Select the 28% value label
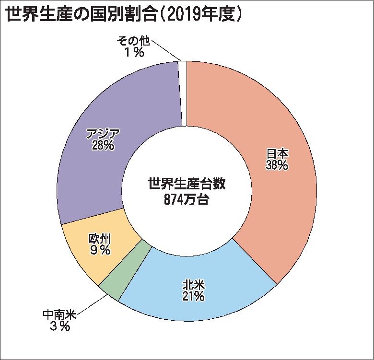[103, 145]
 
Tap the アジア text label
[103, 134]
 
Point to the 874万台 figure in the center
[187, 200]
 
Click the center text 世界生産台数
[187, 184]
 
